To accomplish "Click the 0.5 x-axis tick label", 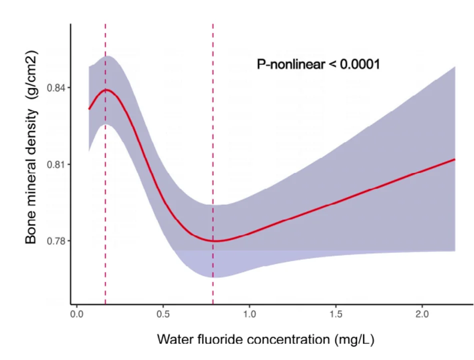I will [x=163, y=314].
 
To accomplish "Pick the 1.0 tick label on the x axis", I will [x=249, y=314].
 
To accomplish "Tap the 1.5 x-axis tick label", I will [x=336, y=314].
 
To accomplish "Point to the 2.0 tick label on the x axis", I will [x=422, y=314].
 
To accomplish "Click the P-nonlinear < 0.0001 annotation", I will [x=318, y=64].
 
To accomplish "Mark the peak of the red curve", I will [x=105, y=90].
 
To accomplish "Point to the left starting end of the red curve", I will [x=89, y=108].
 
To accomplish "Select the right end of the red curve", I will [x=454, y=159].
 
